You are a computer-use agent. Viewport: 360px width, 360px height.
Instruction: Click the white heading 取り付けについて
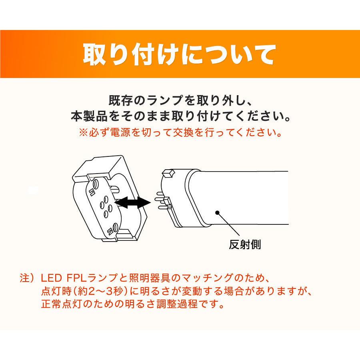pos(180,55)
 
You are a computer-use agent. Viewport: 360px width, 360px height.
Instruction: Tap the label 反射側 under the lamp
pos(245,244)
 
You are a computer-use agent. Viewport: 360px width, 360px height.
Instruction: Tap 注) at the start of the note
pos(28,278)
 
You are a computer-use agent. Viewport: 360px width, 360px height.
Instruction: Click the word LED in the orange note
pos(51,278)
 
